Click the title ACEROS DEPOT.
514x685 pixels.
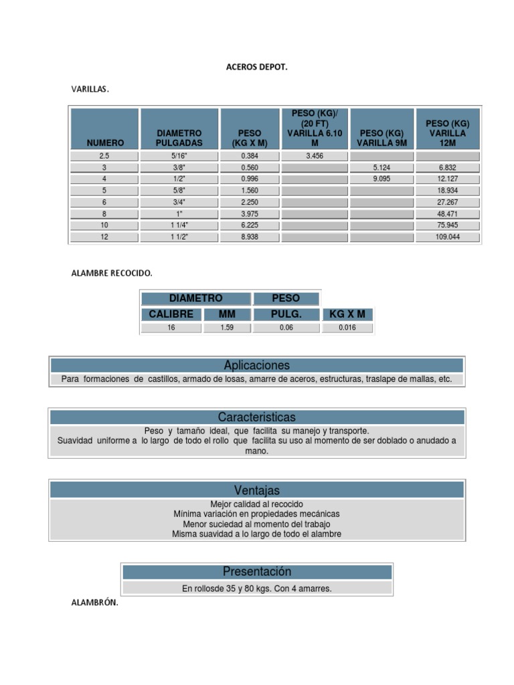[257, 67]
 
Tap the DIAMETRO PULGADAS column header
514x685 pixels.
[179, 138]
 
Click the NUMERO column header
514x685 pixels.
[105, 142]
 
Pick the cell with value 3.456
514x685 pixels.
[315, 155]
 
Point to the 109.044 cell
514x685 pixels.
[448, 237]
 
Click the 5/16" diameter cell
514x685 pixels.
[179, 155]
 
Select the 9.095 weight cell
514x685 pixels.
[381, 179]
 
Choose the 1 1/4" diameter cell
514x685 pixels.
[179, 225]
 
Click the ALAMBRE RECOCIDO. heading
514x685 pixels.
[112, 273]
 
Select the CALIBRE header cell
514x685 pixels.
[171, 314]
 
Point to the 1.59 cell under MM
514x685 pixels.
[227, 328]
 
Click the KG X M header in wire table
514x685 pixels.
[347, 314]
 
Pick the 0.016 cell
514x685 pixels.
[347, 328]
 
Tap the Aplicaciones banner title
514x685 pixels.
[257, 365]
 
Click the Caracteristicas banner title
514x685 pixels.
[257, 417]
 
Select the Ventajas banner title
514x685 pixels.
[257, 490]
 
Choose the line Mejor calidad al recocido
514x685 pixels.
[257, 504]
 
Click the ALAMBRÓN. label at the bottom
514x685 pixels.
[94, 602]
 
